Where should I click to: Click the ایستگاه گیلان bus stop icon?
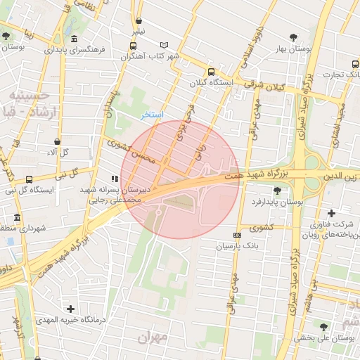click(x=212, y=72)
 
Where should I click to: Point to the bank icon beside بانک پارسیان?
click(x=237, y=235)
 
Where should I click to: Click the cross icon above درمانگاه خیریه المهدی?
click(x=70, y=308)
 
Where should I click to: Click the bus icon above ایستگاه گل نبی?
click(x=29, y=179)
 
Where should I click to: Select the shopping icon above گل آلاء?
click(x=56, y=141)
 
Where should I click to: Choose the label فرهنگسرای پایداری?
click(x=75, y=51)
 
